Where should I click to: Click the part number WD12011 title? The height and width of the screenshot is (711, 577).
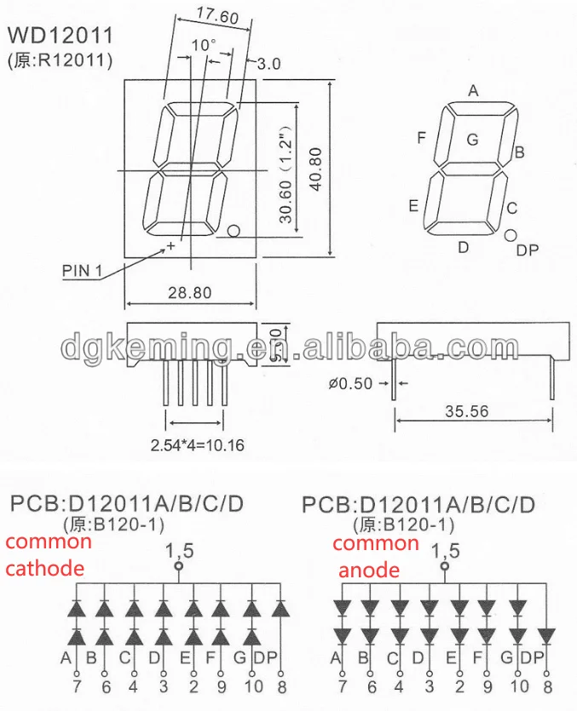coord(61,36)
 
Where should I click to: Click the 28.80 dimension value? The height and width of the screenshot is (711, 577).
coord(189,292)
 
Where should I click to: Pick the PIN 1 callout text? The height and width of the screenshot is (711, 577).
coord(83,272)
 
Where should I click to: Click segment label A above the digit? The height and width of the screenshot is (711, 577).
coord(473,90)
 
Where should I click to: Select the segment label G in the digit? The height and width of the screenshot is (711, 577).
coord(471,140)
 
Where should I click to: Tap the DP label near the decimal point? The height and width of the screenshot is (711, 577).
coord(528,249)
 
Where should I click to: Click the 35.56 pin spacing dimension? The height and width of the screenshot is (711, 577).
coord(466,410)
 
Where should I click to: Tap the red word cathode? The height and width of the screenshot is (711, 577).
coord(44,568)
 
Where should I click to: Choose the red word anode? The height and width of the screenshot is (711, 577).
coord(368,570)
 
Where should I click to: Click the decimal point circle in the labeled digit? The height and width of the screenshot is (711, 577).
coord(511,235)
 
